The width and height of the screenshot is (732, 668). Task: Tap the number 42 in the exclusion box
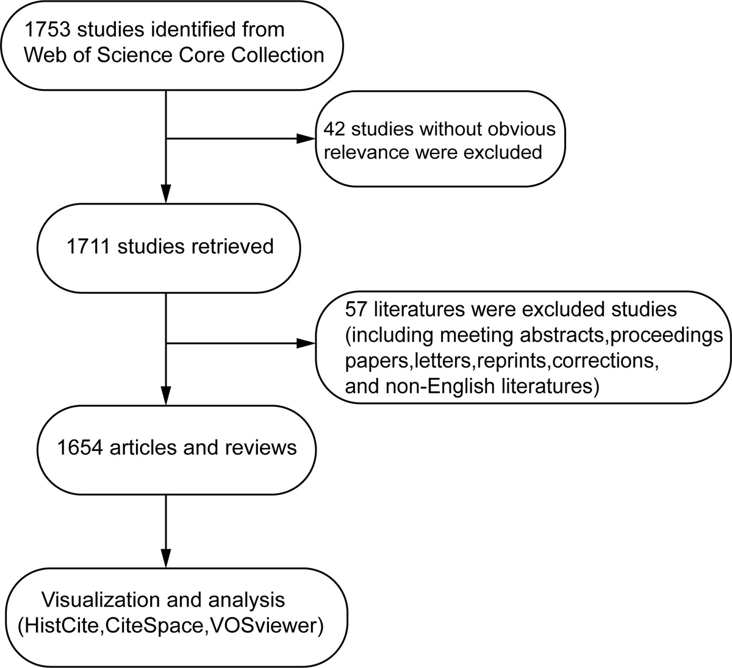(334, 129)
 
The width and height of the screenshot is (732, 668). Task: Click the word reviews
(261, 447)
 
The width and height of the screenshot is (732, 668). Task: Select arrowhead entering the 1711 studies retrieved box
(166, 194)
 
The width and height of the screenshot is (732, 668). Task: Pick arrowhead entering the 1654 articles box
(166, 396)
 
